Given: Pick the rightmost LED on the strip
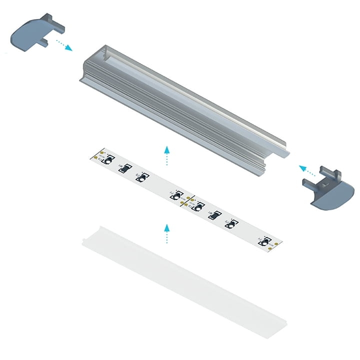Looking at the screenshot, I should [263, 241].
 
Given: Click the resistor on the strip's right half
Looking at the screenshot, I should [214, 215].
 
